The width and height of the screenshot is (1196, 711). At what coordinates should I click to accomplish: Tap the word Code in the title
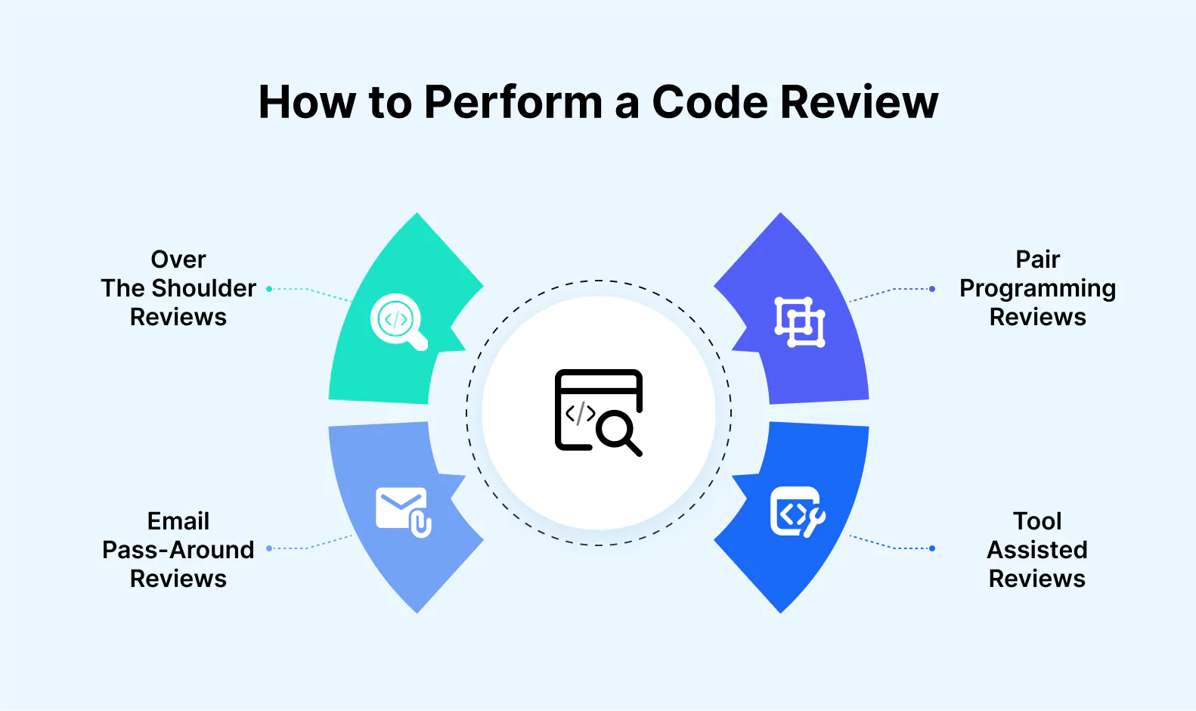(708, 102)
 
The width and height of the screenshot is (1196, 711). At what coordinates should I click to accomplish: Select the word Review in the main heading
(860, 102)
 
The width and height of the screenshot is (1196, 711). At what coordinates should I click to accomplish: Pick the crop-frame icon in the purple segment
(800, 322)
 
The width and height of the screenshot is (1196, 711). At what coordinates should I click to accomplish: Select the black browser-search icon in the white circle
(599, 412)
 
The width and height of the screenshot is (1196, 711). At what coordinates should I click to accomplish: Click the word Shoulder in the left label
(203, 288)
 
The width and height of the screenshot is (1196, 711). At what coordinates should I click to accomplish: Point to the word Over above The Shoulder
(178, 259)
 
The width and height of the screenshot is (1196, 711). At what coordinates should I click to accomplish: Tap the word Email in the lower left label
(178, 521)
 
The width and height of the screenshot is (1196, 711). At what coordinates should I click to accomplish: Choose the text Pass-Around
(178, 550)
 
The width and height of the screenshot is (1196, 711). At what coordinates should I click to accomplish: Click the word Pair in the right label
(1037, 259)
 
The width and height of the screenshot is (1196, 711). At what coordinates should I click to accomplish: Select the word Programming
(1037, 289)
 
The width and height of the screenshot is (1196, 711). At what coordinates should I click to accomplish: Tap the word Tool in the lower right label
(1037, 521)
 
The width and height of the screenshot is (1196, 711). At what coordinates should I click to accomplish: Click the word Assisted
(1037, 550)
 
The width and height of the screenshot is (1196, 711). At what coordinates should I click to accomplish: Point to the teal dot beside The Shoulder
(269, 289)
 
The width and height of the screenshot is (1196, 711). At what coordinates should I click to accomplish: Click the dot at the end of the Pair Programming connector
(932, 289)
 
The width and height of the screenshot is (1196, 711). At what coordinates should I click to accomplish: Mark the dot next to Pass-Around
(269, 548)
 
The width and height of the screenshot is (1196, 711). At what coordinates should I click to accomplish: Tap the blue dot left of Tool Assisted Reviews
(932, 548)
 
